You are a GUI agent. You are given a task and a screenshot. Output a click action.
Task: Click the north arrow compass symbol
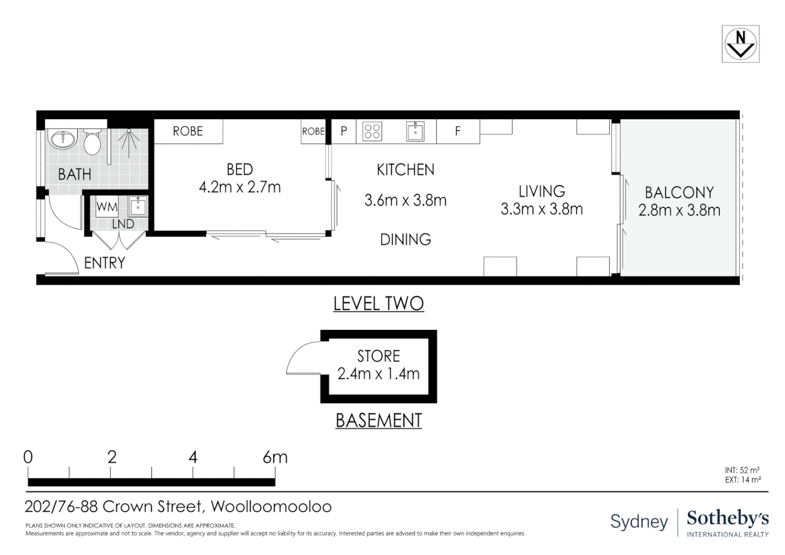tap(740, 44)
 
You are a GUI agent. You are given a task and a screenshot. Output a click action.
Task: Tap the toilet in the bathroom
tap(92, 142)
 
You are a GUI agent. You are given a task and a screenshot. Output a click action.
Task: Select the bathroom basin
tap(64, 140)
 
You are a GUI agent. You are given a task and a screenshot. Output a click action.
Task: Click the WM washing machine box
tap(107, 207)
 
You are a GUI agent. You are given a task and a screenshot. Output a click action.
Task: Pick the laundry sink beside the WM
tap(138, 206)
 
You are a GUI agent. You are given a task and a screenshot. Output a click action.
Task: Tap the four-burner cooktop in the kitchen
tap(372, 132)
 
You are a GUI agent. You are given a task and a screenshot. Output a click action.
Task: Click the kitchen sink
tap(415, 132)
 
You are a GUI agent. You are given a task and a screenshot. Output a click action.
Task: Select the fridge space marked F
tap(458, 132)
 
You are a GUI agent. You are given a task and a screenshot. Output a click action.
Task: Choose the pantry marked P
tap(344, 132)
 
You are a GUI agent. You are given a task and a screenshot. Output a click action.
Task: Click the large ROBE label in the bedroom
tap(188, 132)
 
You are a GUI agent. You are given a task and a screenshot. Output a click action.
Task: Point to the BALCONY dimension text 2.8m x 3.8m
tap(679, 210)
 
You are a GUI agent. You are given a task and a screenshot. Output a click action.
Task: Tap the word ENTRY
tap(104, 263)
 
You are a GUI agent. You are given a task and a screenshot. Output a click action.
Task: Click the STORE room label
tap(379, 357)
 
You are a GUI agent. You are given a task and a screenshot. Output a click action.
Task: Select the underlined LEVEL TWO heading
tap(379, 304)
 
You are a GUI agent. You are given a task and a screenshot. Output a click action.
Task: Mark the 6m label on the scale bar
tap(275, 457)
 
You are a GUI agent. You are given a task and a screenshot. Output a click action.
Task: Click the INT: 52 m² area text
tap(742, 470)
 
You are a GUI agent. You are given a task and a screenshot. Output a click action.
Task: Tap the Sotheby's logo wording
tap(728, 519)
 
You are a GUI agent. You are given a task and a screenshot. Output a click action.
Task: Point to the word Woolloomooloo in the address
tap(271, 507)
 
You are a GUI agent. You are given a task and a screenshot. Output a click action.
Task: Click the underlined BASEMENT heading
tap(379, 420)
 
